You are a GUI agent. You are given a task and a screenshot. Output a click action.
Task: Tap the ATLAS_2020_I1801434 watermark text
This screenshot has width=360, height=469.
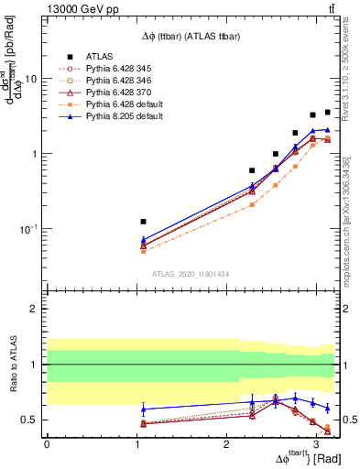pyautogui.click(x=190, y=274)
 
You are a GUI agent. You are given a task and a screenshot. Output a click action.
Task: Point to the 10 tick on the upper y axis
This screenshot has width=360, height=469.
pyautogui.click(x=30, y=79)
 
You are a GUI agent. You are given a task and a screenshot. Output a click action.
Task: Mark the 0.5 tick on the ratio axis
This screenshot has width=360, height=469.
pyautogui.click(x=30, y=420)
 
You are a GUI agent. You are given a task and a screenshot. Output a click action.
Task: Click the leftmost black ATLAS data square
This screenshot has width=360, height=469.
pyautogui.click(x=143, y=222)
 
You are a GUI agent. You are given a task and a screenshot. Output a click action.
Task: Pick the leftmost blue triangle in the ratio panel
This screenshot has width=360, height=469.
pyautogui.click(x=143, y=409)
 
